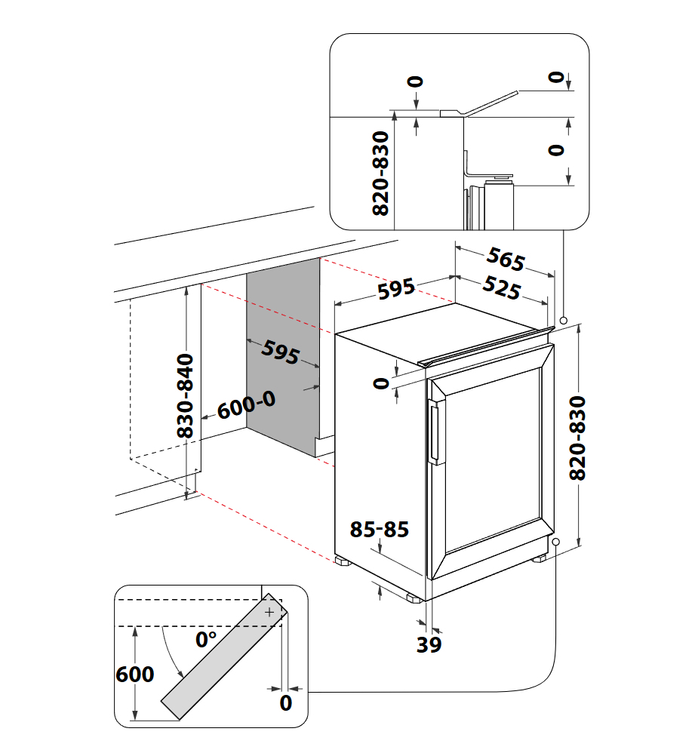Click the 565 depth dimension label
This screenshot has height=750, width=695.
click(505, 260)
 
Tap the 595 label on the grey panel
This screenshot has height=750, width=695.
click(281, 353)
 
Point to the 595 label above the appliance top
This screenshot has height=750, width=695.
click(395, 289)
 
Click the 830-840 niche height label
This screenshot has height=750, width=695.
click(186, 396)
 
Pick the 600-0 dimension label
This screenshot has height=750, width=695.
click(247, 406)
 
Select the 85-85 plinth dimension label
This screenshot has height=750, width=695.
click(380, 530)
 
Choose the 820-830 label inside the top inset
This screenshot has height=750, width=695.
click(381, 174)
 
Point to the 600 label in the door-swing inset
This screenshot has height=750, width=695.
click(135, 674)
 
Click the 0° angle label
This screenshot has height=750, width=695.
click(206, 640)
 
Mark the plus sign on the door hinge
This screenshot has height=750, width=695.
click(269, 612)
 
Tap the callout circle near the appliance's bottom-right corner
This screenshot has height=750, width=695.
click(556, 542)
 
